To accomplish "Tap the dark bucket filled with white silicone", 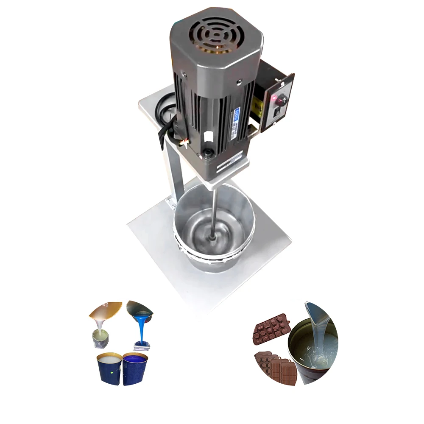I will [x=109, y=369].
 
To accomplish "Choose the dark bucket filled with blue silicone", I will [x=135, y=369].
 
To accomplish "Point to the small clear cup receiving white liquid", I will [x=101, y=339].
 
